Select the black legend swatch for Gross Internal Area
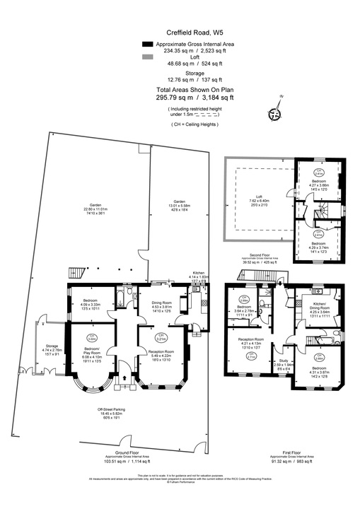pos(147,44)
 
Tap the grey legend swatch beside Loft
pos(147,57)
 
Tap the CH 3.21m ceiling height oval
pos(162,336)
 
